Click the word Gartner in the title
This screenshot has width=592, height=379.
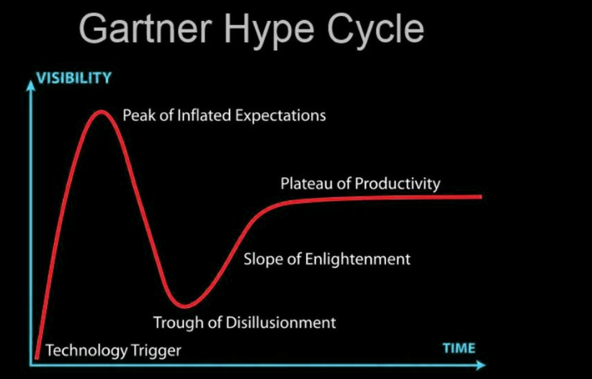[145, 29]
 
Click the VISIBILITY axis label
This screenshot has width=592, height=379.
[74, 77]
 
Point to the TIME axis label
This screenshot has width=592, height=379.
[459, 348]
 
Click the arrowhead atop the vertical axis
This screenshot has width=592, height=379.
[31, 85]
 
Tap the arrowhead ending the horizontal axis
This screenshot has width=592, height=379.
[481, 364]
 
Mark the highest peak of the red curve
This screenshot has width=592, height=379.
[101, 112]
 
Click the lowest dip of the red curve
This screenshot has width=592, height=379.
[185, 306]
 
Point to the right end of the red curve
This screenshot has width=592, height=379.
[481, 197]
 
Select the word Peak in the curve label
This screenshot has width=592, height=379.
[139, 115]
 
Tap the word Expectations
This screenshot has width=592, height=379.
[280, 116]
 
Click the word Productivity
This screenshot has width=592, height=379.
[397, 185]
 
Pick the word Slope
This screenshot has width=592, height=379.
[262, 260]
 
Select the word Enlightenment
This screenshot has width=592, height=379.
[358, 260]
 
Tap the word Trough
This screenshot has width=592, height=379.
[177, 323]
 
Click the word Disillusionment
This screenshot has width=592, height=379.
[280, 323]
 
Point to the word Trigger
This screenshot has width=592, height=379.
[156, 351]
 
